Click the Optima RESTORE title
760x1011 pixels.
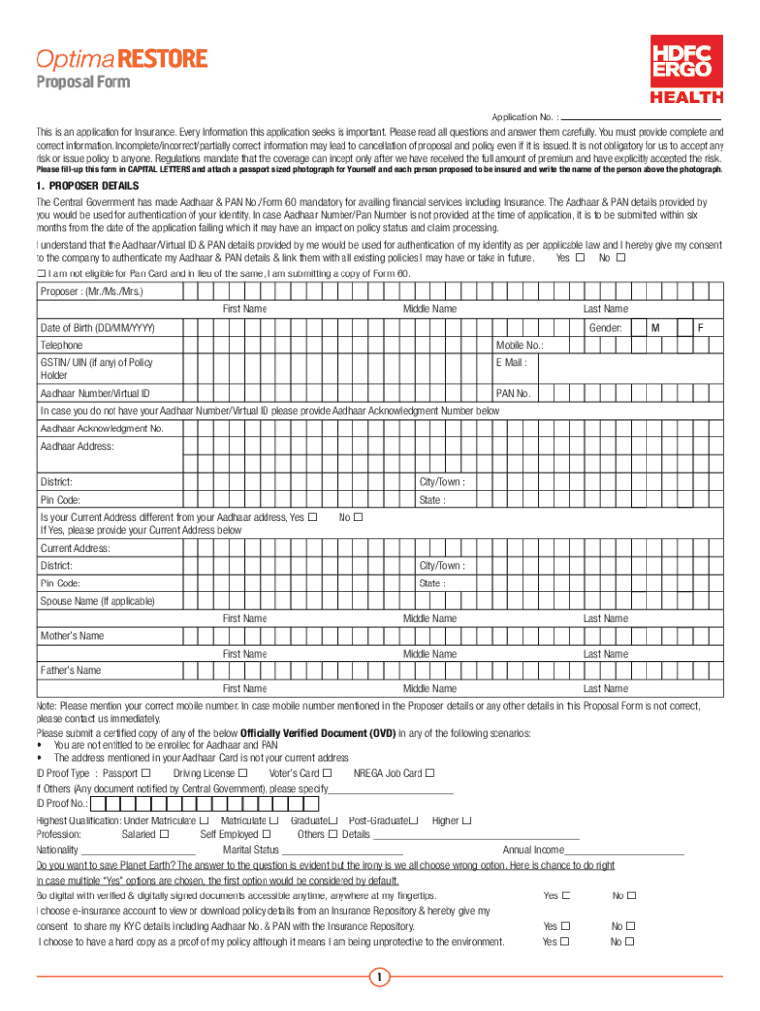coord(121,59)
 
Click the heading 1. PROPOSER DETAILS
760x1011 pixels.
coord(88,186)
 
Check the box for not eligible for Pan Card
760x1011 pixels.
coord(41,273)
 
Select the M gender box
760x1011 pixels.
coord(654,327)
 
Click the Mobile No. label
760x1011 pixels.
coord(519,346)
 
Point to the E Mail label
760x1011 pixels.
coord(511,363)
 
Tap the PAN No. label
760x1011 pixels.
coord(513,394)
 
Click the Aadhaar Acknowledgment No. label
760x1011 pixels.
coord(102,428)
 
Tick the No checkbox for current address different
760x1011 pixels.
coord(358,517)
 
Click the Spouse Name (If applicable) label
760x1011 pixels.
coord(98,601)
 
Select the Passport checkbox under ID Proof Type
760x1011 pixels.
coord(146,773)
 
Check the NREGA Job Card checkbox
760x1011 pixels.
coord(429,773)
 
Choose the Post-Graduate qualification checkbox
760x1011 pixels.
coord(413,820)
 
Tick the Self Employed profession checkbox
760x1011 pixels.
coord(265,834)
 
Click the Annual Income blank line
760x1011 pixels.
coord(624,850)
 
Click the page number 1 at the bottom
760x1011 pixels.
coord(379,978)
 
